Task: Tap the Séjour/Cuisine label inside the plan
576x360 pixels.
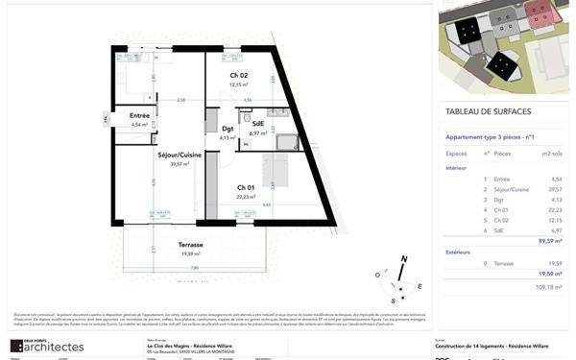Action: click(180, 154)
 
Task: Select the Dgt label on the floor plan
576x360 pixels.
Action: click(228, 129)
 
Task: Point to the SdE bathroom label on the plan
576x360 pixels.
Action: click(258, 124)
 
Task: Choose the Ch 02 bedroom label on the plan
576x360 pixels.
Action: click(239, 76)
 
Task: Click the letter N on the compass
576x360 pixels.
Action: click(405, 259)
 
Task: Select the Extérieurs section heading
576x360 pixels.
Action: click(464, 252)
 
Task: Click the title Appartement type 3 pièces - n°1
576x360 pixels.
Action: click(494, 135)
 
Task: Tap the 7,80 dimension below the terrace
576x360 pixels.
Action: click(195, 268)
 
